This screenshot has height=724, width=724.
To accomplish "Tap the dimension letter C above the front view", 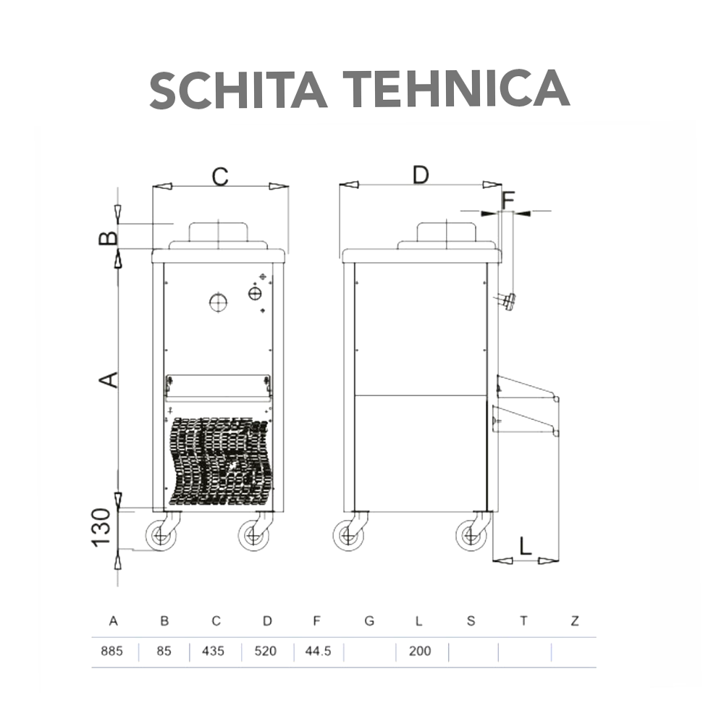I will [x=219, y=176].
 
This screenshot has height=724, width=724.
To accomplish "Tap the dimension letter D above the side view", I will [x=421, y=174].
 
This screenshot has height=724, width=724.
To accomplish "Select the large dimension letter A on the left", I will [x=108, y=379].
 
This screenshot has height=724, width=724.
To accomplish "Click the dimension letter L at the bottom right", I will [x=526, y=545].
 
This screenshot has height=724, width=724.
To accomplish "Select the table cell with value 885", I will [x=111, y=651].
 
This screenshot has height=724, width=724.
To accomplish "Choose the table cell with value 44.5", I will [x=318, y=651].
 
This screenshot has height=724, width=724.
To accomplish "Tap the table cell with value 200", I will [x=419, y=651].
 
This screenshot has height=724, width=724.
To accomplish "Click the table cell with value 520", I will [x=266, y=651].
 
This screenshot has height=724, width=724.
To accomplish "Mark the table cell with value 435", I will [x=214, y=651].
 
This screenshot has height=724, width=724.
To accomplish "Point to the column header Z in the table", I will [x=574, y=621].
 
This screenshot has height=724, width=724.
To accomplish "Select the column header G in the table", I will [x=369, y=621].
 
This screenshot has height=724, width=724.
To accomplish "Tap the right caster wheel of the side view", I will [x=471, y=536].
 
